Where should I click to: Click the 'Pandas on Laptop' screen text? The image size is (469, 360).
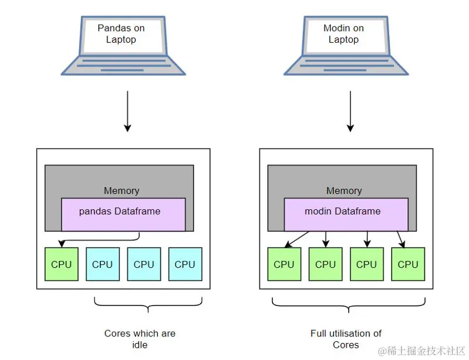(x=121, y=33)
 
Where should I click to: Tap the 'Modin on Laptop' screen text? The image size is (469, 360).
(x=344, y=33)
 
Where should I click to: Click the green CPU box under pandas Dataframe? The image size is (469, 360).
(x=62, y=264)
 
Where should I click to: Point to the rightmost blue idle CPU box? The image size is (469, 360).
(x=185, y=264)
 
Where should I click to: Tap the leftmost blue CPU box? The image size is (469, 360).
(x=103, y=264)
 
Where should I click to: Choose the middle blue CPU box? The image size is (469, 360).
(x=144, y=264)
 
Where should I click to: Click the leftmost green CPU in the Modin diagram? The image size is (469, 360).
(x=284, y=264)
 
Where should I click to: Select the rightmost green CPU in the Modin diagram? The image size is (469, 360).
(x=408, y=264)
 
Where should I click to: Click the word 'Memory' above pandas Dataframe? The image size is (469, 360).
(x=121, y=191)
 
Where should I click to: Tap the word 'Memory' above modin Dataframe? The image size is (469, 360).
(x=344, y=191)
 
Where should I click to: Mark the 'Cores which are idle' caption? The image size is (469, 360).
(x=140, y=339)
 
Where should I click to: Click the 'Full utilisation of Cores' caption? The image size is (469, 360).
(x=346, y=339)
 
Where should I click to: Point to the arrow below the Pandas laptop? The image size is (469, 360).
(x=127, y=111)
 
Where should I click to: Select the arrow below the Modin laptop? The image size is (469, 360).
(x=351, y=111)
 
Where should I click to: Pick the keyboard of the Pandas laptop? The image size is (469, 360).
(x=124, y=63)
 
